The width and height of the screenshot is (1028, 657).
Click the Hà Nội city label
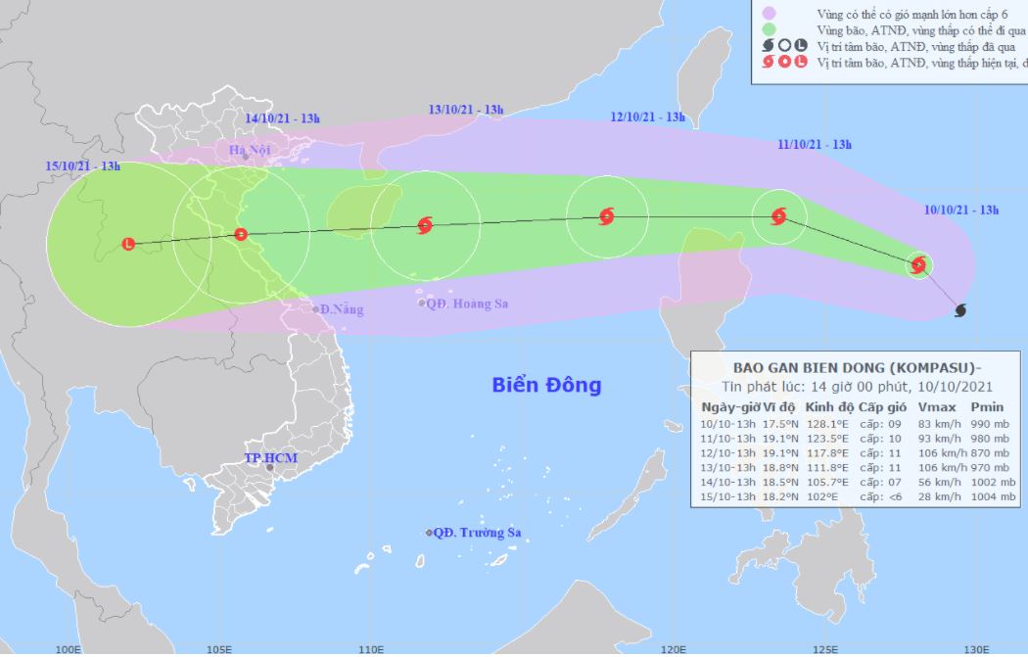pos(248,149)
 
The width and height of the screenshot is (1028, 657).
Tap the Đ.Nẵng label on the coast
pos(343,309)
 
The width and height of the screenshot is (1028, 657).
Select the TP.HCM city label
pos(270,458)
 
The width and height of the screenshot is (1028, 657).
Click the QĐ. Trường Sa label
pos(477,533)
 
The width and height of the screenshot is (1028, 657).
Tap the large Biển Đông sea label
pos(546,385)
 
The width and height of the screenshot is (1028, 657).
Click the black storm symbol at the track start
pos(960,310)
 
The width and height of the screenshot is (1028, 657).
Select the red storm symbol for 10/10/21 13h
pos(918,264)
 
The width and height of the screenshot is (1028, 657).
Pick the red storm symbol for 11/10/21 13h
pos(779,216)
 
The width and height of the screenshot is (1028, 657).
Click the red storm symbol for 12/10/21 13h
pos(606,216)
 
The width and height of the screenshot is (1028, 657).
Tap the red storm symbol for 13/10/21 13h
pos(425,225)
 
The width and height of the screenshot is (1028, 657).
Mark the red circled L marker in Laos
pos(128,244)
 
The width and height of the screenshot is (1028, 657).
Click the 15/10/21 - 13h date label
pos(83,166)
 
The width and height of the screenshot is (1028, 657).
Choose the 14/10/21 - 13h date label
pos(283,118)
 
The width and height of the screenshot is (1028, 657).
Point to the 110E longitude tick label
pos(369,648)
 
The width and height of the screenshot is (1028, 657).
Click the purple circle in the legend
pos(770,13)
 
